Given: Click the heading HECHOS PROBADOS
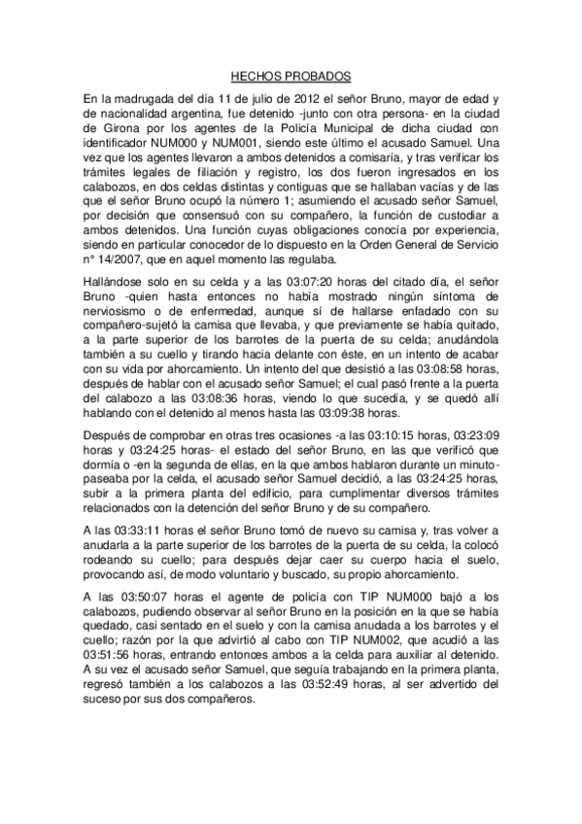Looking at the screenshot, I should (x=291, y=74).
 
